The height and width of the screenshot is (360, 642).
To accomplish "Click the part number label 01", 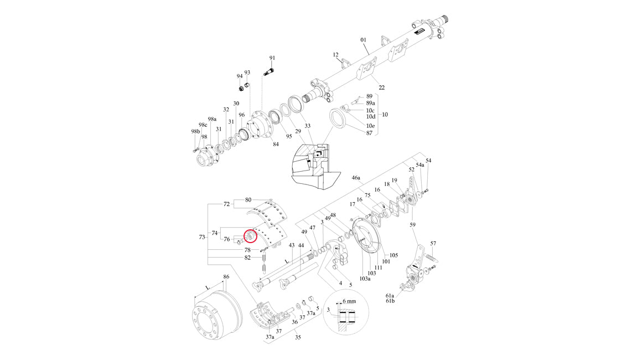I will pos(364,40).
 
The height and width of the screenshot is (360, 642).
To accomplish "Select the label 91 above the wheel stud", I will pos(272,58).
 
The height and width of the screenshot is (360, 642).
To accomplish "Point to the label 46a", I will pos(356,178).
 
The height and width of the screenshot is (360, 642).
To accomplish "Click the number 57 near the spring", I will pos(433,244).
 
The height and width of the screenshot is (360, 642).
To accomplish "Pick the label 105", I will pos(394,255).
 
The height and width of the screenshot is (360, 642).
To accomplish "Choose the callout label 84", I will pos(276,145).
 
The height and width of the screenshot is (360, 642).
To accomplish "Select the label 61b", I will pos(390,301).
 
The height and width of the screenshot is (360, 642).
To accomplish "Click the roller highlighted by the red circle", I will pos(250,236).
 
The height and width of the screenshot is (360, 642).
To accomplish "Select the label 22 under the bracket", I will pos(381,88).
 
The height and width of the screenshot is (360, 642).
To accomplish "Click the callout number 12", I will pos(335,55).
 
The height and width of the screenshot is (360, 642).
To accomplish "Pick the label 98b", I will pos(194,131).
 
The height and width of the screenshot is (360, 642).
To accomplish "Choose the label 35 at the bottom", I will pos(297,337).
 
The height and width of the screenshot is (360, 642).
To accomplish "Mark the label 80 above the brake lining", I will pos(248,199).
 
